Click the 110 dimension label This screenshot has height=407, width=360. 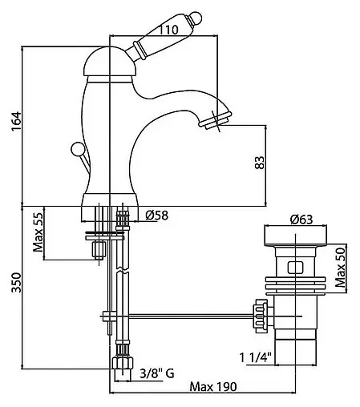[168, 30]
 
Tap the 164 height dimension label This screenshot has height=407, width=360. [15, 121]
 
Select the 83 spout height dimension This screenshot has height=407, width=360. [260, 162]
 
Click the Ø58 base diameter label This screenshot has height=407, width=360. [157, 215]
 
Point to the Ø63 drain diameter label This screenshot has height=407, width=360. [301, 220]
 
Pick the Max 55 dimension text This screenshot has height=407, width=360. [38, 232]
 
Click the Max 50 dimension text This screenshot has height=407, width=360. [340, 268]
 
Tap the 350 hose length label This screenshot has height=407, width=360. [16, 283]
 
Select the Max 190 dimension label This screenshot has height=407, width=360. [213, 386]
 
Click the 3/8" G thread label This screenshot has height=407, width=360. [157, 373]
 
